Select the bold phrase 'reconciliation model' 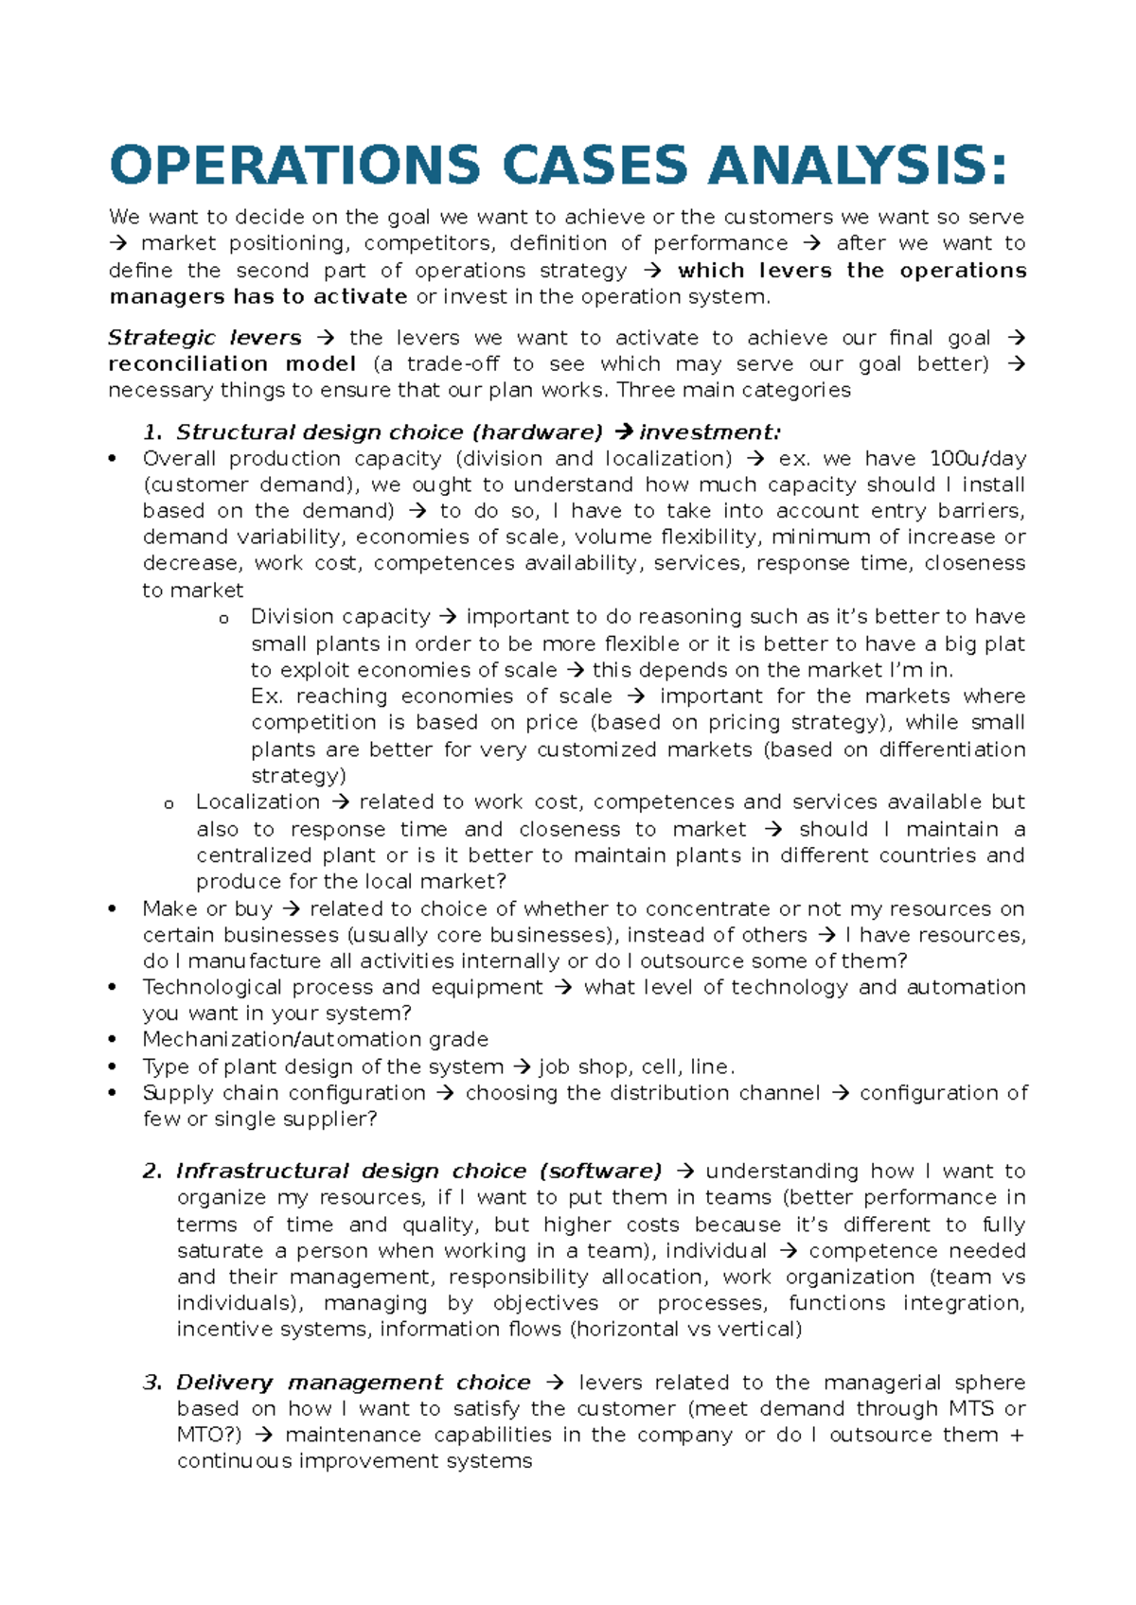pyautogui.click(x=232, y=364)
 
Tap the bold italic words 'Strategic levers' pyautogui.click(x=204, y=338)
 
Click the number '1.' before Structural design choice pyautogui.click(x=152, y=432)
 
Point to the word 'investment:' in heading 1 pyautogui.click(x=710, y=432)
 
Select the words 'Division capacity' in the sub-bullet pyautogui.click(x=340, y=617)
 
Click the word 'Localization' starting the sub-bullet pyautogui.click(x=257, y=802)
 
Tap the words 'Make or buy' pyautogui.click(x=207, y=909)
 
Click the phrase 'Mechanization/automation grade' pyautogui.click(x=315, y=1039)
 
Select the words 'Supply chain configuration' pyautogui.click(x=284, y=1093)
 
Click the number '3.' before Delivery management pyautogui.click(x=152, y=1383)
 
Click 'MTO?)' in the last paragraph pyautogui.click(x=209, y=1436)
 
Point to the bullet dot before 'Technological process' pyautogui.click(x=113, y=988)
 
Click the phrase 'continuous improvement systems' pyautogui.click(x=354, y=1461)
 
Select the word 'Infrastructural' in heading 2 pyautogui.click(x=262, y=1172)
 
